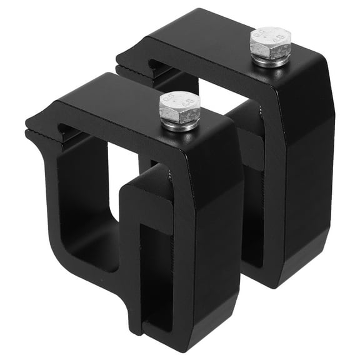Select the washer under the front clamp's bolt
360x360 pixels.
(x=180, y=124)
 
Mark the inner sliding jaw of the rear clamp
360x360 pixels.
(x=250, y=144)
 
